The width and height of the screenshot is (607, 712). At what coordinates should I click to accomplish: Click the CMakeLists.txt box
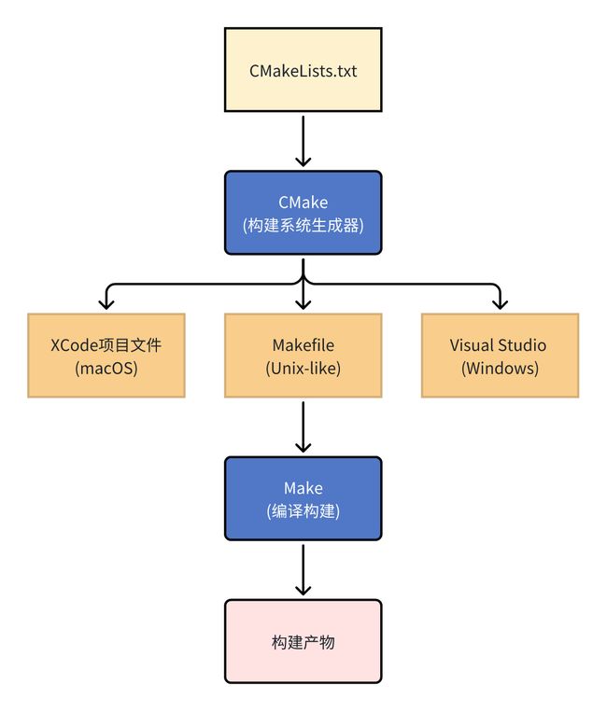[x=303, y=69]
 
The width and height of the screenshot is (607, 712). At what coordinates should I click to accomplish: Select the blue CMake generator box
[x=303, y=213]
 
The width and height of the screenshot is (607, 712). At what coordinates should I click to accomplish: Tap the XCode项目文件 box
[x=106, y=356]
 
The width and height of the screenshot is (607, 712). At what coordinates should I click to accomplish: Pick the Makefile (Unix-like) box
[x=303, y=356]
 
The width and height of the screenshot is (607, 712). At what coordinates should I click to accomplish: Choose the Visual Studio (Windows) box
[x=500, y=356]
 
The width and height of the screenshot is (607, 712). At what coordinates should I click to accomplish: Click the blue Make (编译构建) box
[x=303, y=498]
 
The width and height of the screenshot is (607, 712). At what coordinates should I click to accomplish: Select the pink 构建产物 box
[x=303, y=641]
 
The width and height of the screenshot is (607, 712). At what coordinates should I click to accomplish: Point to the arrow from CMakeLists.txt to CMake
[x=303, y=141]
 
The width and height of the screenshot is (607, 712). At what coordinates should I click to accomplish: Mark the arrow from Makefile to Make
[x=303, y=426]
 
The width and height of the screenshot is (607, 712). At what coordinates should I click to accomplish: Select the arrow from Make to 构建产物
[x=303, y=570]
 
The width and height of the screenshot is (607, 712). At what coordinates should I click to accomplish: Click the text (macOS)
[x=106, y=368]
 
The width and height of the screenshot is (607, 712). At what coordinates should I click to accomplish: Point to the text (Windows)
[x=500, y=368]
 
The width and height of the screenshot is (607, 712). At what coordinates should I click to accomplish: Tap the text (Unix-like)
[x=303, y=368]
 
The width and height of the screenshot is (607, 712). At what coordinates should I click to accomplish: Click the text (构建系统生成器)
[x=303, y=225]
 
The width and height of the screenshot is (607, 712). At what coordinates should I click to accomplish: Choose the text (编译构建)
[x=303, y=510]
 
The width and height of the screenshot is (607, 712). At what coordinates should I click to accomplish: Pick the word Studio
[x=523, y=345]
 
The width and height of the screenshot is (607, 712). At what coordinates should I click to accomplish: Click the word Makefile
[x=303, y=345]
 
